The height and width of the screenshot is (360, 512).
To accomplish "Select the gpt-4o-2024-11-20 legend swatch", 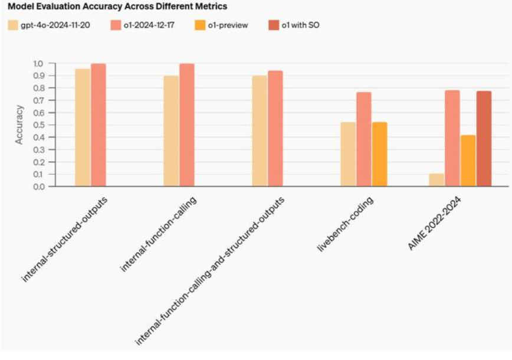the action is pos(13,25).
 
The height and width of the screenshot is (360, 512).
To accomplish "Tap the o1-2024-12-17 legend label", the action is pos(149,25).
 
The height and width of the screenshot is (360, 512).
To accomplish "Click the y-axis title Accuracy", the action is pos(19,125).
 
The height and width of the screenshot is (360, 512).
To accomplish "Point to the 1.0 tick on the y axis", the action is pos(38,63).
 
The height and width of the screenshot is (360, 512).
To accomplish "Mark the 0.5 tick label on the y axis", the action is pos(38,125).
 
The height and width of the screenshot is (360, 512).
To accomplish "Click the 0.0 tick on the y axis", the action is pos(38,186).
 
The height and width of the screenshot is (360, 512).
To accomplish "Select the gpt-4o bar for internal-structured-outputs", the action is pos(83,127).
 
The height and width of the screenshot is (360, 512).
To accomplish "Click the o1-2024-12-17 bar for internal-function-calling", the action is pos(187,125).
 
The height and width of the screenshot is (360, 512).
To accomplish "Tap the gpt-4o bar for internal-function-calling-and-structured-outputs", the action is pos(260,131).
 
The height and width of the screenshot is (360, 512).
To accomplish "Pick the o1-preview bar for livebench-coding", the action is pos(380,154).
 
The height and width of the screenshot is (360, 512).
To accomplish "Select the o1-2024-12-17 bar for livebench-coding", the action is pos(364,139).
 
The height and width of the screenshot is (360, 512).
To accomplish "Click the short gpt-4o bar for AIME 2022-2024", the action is pos(436,180).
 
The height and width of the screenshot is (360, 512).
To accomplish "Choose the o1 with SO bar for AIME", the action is pos(484,139).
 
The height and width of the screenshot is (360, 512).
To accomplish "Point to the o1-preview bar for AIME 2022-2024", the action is pos(468,161).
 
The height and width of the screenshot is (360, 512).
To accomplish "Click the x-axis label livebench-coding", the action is pos(346,224).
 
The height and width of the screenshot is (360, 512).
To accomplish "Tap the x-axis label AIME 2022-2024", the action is pos(435,223).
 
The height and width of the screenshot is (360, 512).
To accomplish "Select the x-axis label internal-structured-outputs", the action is pos(64,240).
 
